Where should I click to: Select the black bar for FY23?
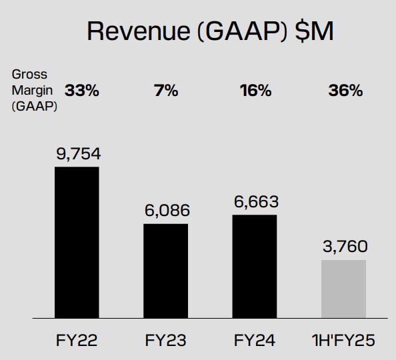(x=166, y=271)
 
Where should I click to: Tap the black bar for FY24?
(x=255, y=266)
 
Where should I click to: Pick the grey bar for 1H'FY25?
(x=344, y=289)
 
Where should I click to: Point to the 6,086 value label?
(x=167, y=211)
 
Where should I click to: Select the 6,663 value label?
(x=255, y=201)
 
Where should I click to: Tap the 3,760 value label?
(x=344, y=247)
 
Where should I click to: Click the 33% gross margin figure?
(x=82, y=91)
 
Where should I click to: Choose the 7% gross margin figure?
(x=166, y=91)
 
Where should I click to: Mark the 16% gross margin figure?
(x=255, y=91)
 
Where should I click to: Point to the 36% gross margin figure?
(x=345, y=91)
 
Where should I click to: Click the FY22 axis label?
(x=77, y=341)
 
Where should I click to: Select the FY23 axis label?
(x=166, y=341)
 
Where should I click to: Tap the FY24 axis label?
(x=255, y=341)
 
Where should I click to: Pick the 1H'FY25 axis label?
(x=344, y=341)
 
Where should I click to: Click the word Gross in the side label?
(x=29, y=75)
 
